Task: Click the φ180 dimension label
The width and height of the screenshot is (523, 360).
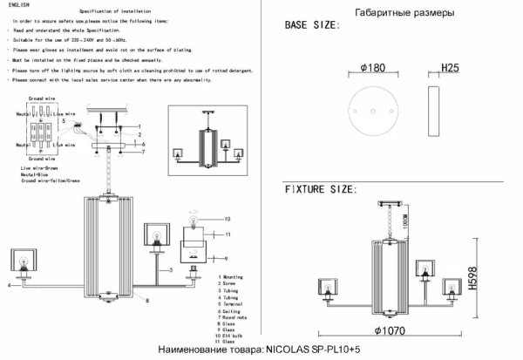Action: pos(366,66)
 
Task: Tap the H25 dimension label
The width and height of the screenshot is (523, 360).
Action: pos(450,66)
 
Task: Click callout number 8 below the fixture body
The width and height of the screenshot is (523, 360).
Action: pos(146,300)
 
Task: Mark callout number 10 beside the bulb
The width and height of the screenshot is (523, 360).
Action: pos(228,218)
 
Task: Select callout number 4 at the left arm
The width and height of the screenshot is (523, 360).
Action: pos(9,285)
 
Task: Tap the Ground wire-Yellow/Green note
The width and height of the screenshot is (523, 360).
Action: pos(51,180)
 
